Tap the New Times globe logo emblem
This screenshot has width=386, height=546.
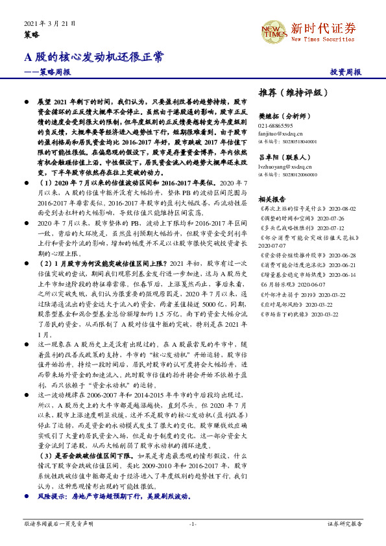[272, 29]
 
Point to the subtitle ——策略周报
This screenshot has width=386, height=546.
[47, 72]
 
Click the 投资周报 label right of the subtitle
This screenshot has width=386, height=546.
[346, 72]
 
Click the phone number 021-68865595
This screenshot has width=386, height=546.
[275, 125]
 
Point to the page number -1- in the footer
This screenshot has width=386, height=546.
[193, 523]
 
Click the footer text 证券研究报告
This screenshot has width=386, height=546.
[344, 523]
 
